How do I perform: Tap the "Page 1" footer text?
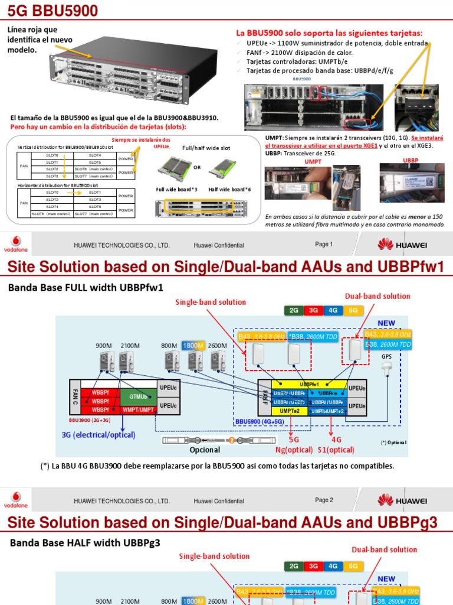click(324, 245)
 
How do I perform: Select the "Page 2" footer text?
click(324, 500)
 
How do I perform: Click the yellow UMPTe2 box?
click(290, 410)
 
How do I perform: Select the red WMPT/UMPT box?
click(138, 409)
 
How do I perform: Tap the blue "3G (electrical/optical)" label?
click(98, 435)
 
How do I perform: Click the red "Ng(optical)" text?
click(293, 450)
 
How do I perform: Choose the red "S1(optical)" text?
click(336, 450)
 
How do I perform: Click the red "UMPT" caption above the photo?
click(313, 161)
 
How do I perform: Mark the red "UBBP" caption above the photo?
click(411, 161)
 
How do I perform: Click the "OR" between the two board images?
click(197, 167)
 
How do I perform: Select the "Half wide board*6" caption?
click(229, 189)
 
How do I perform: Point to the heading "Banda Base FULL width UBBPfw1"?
click(85, 287)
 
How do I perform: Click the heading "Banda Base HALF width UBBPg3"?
click(84, 542)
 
